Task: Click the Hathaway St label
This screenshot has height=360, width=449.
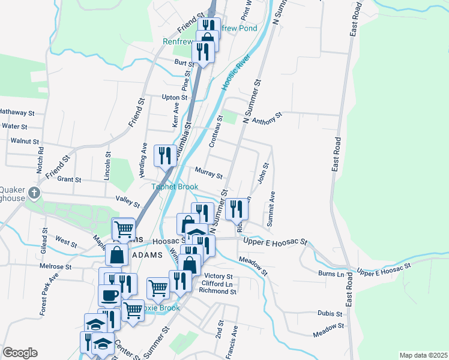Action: click(17, 112)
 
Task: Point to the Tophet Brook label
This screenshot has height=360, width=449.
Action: click(174, 187)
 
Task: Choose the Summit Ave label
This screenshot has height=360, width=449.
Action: click(271, 209)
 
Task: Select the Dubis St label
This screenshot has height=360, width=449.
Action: click(330, 313)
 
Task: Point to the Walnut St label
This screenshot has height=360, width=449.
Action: click(25, 142)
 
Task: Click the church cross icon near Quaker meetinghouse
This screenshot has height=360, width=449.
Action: click(35, 193)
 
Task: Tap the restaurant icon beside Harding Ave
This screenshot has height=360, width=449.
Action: click(164, 155)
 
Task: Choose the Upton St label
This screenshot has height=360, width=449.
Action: click(175, 97)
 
